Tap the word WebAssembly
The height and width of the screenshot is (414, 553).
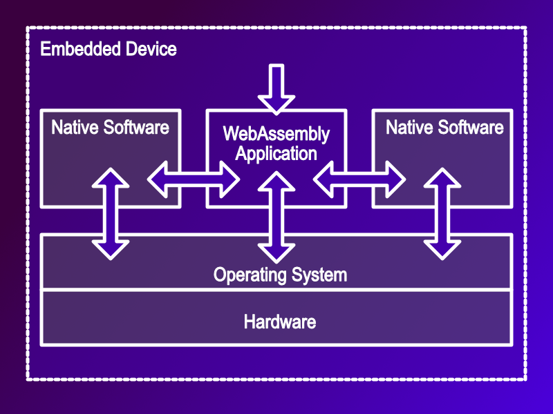point(276,133)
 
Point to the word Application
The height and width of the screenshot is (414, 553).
point(276,153)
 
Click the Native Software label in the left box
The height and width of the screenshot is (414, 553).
point(111,128)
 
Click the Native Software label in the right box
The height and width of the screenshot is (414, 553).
point(444,128)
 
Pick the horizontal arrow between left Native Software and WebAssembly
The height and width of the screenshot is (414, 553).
point(194,179)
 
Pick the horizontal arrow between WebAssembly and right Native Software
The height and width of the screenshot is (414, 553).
point(359,179)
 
